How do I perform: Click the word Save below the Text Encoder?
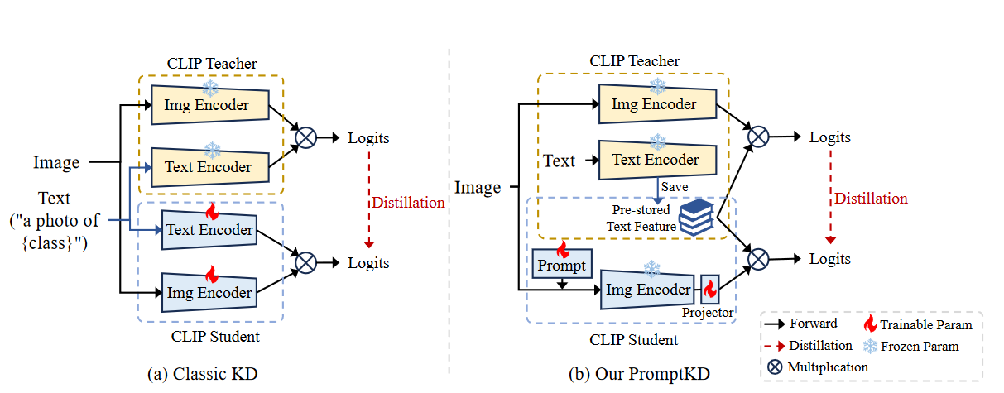(674, 187)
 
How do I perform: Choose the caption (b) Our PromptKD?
(639, 374)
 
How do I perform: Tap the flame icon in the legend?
(870, 324)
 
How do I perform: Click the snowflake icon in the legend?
(870, 345)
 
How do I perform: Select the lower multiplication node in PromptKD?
(757, 259)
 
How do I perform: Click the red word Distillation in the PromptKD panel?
(871, 199)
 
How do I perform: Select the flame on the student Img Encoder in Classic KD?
(210, 274)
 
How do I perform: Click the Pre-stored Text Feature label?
(638, 218)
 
